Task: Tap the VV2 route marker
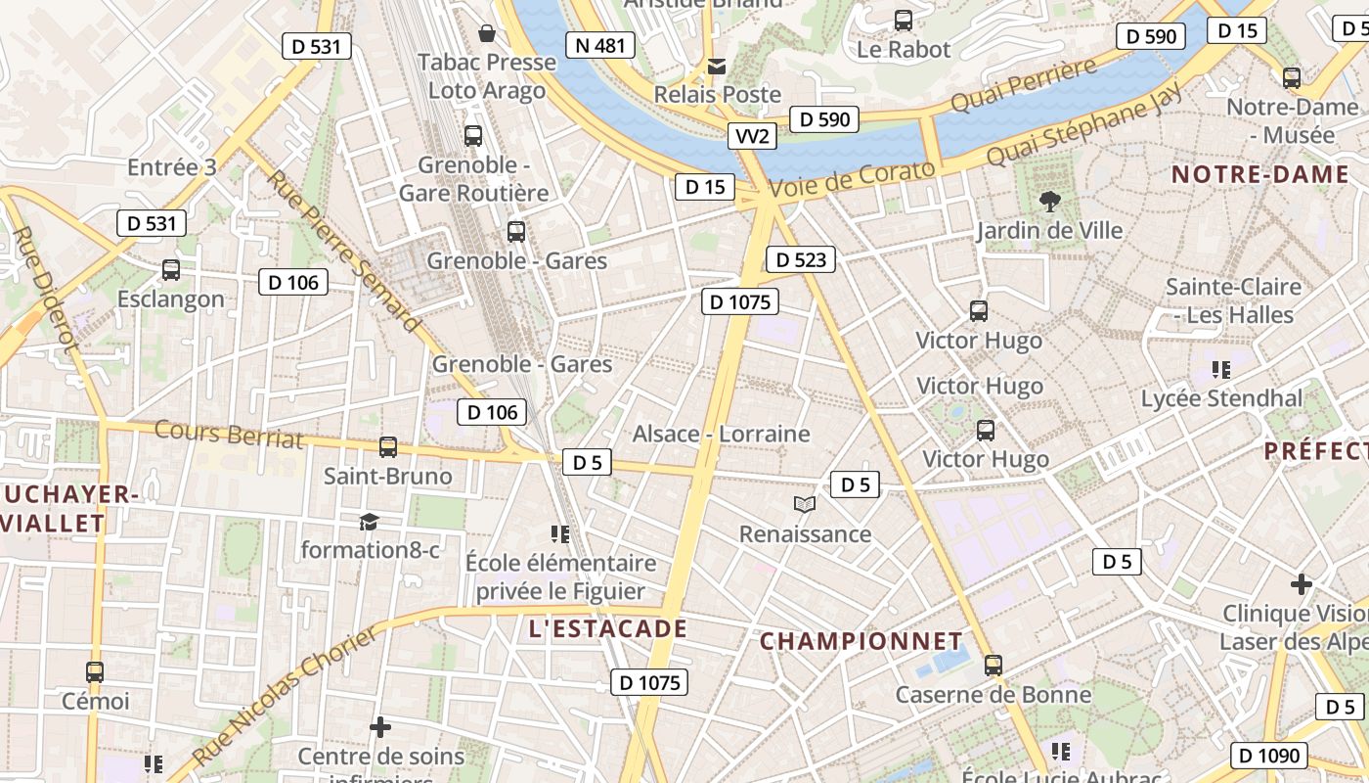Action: (752, 136)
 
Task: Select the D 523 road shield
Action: (801, 259)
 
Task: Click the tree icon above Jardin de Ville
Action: (1050, 203)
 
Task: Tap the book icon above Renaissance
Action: (805, 505)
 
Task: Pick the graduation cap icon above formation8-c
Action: (369, 522)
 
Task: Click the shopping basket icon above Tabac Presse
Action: (486, 34)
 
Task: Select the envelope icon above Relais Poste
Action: (717, 67)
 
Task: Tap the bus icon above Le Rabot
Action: (904, 21)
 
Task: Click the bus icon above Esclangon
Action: (171, 270)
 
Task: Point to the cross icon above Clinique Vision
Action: (1301, 585)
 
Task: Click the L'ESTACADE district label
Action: (608, 628)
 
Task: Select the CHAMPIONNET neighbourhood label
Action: (861, 641)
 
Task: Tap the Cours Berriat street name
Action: (229, 434)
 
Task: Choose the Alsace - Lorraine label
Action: (722, 434)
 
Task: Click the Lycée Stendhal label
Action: (1222, 398)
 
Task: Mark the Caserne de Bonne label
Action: (994, 695)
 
